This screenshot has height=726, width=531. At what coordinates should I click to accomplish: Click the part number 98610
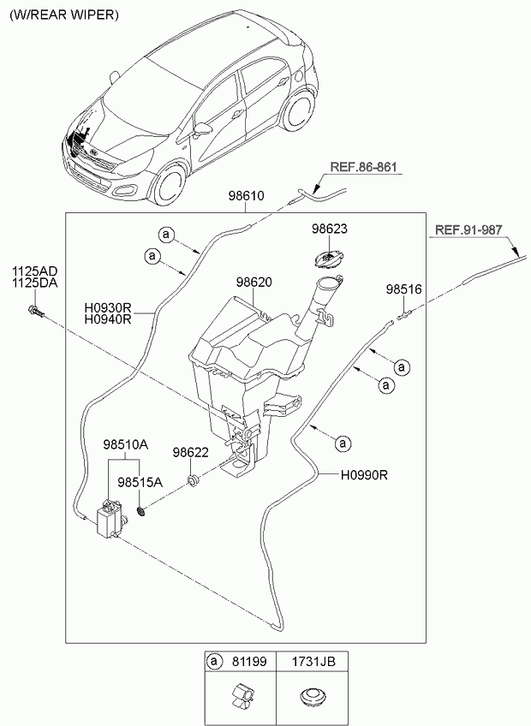245,196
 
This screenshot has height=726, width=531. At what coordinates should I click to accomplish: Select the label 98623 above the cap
330,229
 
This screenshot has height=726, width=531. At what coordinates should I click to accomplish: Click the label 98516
403,289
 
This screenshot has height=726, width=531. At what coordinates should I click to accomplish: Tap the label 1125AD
33,271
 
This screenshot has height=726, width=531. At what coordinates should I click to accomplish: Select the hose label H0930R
107,307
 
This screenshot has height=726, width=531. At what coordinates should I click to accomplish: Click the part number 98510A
126,445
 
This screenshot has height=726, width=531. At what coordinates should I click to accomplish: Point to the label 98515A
140,482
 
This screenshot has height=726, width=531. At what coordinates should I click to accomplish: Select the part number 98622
190,452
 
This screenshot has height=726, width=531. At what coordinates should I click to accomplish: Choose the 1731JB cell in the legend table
309,662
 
